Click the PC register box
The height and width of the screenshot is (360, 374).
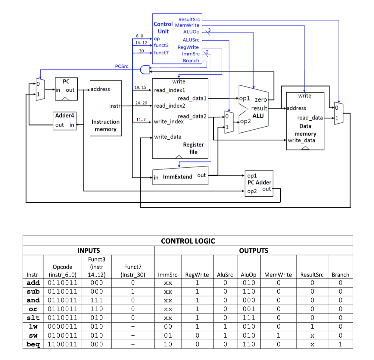click(66, 89)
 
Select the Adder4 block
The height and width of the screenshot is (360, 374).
click(64, 120)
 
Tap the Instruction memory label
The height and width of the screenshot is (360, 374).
click(105, 125)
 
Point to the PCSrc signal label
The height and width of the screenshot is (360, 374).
click(122, 66)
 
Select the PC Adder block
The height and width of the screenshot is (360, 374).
click(259, 183)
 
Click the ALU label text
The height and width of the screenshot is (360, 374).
click(258, 116)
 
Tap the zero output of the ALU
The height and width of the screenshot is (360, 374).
click(261, 99)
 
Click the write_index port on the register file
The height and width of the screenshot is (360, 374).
click(169, 122)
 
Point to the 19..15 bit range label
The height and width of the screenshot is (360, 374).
click(140, 87)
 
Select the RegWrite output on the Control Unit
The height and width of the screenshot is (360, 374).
click(188, 47)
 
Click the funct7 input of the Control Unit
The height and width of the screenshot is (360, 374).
click(161, 53)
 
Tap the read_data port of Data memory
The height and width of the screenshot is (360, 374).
click(310, 118)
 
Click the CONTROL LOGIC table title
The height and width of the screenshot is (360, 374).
click(188, 241)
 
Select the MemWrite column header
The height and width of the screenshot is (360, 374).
click(278, 275)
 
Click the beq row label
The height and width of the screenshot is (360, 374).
click(33, 344)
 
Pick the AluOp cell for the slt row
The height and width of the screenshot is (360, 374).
click(249, 318)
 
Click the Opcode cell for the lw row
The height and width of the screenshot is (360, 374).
click(62, 327)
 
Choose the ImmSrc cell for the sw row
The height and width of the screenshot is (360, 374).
click(168, 335)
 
